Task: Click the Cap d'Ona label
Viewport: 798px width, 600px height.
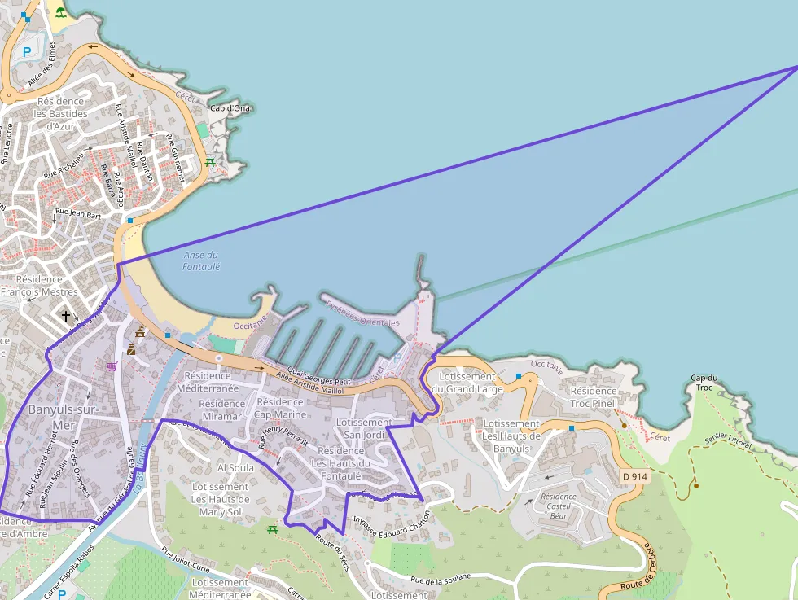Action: [x=230, y=108]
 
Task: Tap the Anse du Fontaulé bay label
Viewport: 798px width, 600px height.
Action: [x=201, y=261]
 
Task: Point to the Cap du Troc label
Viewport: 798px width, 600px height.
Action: [x=704, y=383]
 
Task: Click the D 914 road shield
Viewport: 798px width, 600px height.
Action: [x=636, y=476]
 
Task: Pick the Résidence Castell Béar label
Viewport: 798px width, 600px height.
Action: [x=559, y=506]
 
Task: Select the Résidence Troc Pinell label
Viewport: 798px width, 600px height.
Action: [x=594, y=396]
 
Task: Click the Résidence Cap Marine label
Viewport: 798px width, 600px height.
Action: [x=280, y=408]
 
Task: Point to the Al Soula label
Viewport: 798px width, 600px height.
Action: [x=235, y=468]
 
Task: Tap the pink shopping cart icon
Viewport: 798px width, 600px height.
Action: [x=112, y=366]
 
